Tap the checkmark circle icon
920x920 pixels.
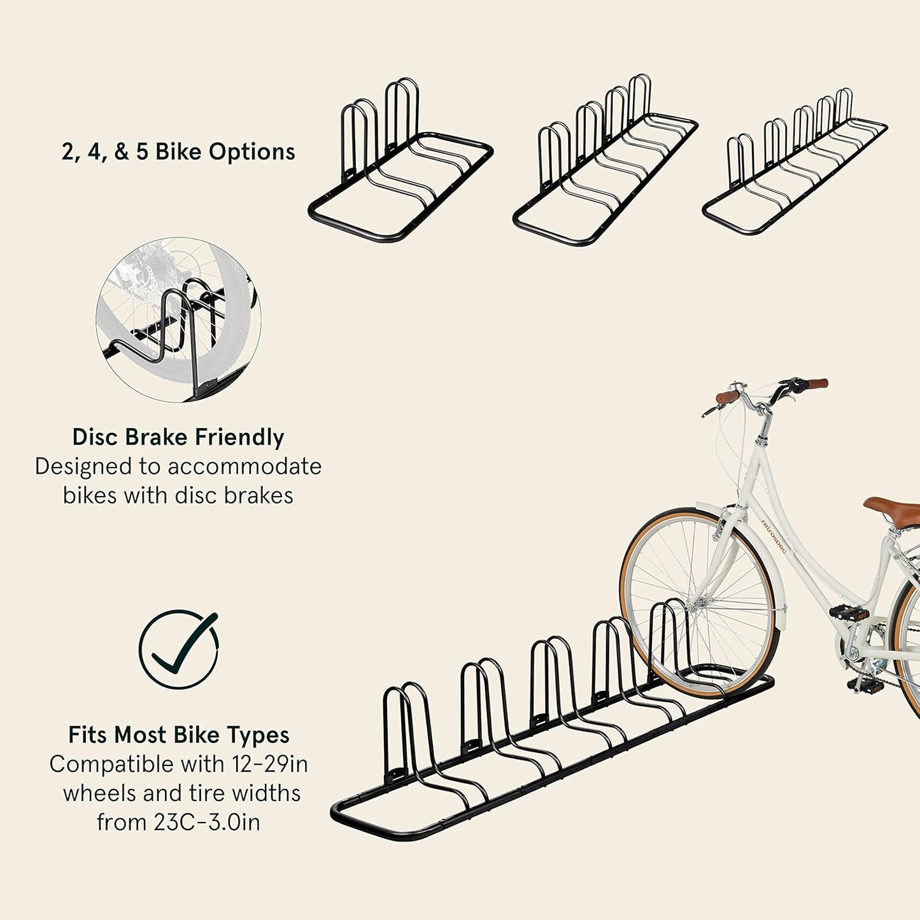[179, 649]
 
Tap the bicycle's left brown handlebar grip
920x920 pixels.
[728, 397]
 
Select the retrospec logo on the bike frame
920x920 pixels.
[774, 536]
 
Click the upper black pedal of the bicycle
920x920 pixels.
[849, 613]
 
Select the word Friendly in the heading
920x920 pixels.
[239, 437]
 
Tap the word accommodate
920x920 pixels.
[244, 467]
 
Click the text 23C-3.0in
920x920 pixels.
[206, 823]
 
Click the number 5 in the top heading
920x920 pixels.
[142, 152]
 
